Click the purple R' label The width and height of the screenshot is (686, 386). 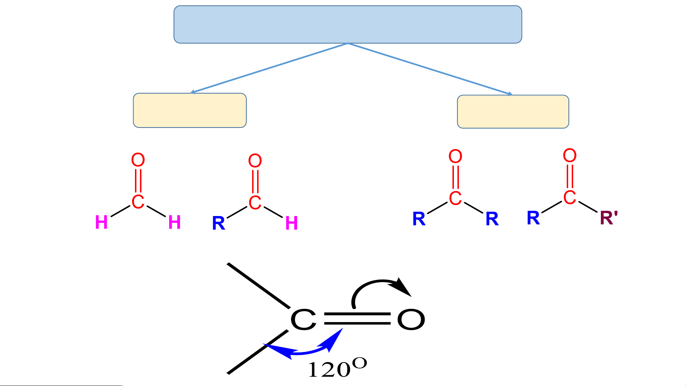click(609, 218)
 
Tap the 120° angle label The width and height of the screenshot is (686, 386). click(337, 368)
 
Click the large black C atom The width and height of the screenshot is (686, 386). click(303, 320)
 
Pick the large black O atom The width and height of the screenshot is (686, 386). click(411, 320)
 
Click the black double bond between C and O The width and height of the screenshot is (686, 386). click(357, 319)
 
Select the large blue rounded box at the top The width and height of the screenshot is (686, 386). click(347, 25)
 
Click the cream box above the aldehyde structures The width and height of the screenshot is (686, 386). click(190, 110)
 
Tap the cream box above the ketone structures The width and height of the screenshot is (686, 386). click(513, 111)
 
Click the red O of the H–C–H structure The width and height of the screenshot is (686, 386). click(138, 160)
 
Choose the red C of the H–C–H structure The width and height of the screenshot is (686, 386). click(138, 202)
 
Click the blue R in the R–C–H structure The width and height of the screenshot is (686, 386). click(219, 224)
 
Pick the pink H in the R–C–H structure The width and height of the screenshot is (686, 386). click(291, 224)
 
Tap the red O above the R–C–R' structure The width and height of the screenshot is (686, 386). click(570, 156)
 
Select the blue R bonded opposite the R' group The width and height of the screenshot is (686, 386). click(533, 218)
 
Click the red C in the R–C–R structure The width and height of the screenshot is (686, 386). click(455, 199)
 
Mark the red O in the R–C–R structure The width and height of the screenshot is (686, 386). click(455, 156)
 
